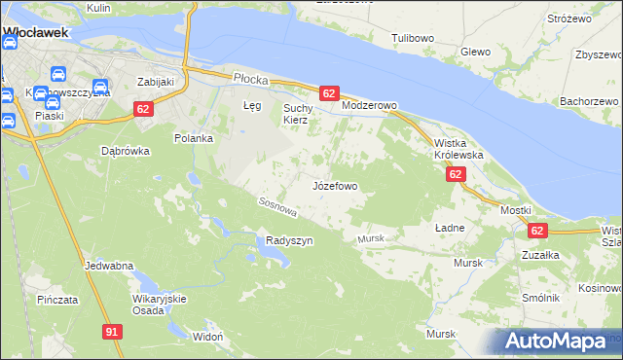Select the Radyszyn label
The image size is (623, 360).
[289, 241]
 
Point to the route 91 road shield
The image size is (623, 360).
[112, 333]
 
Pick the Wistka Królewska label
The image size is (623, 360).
[458, 148]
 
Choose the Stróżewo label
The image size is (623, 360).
[569, 18]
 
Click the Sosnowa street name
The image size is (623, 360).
[276, 206]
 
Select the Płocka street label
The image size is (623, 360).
[249, 77]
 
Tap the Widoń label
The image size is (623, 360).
[207, 337]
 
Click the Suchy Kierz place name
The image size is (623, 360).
[295, 114]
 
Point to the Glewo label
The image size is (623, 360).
[475, 52]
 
